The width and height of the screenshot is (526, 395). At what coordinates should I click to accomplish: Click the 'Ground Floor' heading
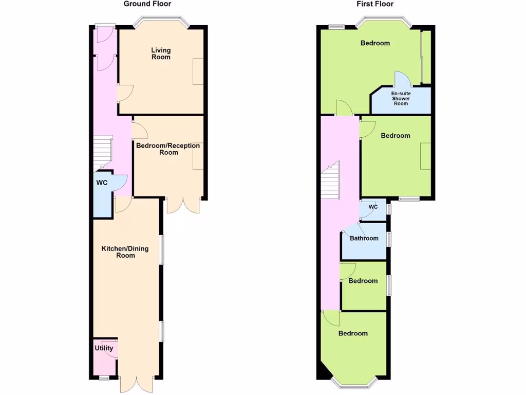point(147,4)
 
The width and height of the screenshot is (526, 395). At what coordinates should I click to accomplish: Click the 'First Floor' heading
point(375,4)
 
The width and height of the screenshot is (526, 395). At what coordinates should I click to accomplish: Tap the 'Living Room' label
point(161,53)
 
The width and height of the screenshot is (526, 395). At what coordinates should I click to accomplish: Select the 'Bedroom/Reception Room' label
point(168,149)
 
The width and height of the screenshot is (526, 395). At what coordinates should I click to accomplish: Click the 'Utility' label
point(104,348)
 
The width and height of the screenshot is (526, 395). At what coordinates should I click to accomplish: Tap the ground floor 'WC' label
point(101,183)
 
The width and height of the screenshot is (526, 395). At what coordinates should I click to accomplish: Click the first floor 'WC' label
point(373,207)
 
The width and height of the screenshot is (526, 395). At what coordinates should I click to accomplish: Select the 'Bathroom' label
point(364,238)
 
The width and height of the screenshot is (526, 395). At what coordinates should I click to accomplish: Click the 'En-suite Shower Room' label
point(401,98)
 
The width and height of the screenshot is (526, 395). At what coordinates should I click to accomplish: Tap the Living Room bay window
point(161,22)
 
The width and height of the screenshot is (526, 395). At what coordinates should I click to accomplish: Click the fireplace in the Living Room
point(198,71)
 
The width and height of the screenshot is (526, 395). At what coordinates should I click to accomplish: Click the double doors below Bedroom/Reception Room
point(183,206)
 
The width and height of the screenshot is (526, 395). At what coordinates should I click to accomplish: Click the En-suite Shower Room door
point(402,79)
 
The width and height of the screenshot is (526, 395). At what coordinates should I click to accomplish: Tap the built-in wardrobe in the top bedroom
point(426,57)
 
